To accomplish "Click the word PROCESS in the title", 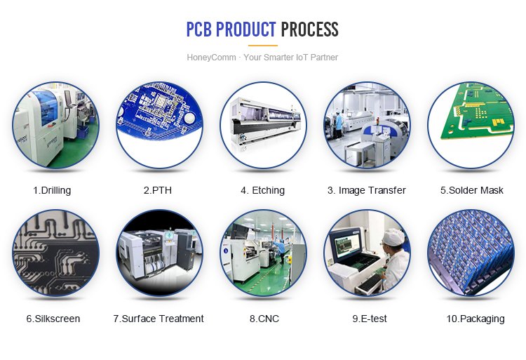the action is [309, 29].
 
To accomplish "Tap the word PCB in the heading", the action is [199, 29].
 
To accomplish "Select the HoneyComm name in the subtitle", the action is [211, 58].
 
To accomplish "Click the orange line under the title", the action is [263, 46].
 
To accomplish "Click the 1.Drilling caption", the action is [52, 190].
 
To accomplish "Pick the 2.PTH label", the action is [158, 190].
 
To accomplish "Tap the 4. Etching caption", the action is [263, 190].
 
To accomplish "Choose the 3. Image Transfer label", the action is [367, 190].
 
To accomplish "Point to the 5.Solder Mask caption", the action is [472, 190].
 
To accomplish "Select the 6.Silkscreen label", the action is [53, 319].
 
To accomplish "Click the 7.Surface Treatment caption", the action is [159, 319].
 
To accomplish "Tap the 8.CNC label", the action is [264, 319].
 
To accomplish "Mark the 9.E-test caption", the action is [370, 319].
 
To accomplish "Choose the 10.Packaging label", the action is [476, 319].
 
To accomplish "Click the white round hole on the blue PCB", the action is [189, 118].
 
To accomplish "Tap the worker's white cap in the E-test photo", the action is [393, 236].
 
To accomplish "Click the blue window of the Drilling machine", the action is [46, 107].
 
